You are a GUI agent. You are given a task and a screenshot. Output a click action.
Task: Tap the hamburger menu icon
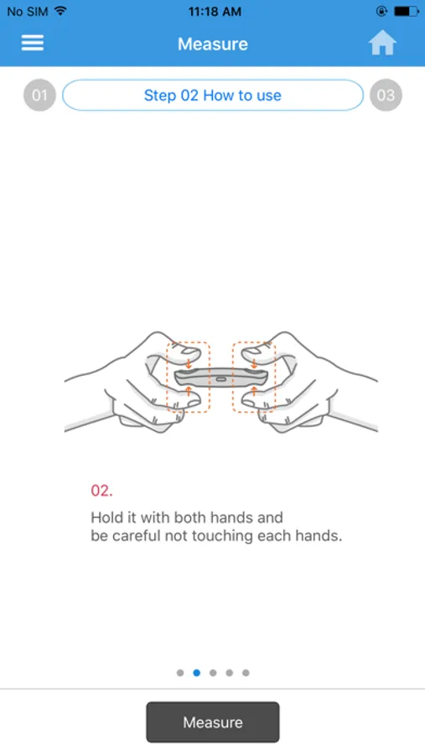pos(32,43)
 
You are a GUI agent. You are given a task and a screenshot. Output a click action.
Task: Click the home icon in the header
pos(382,43)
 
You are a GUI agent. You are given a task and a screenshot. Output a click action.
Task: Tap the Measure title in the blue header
pos(213,44)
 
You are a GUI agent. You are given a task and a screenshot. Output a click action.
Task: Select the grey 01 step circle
pos(39,95)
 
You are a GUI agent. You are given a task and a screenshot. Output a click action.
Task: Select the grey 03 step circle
pos(386,95)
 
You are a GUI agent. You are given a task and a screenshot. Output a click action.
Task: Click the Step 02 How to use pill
pos(213,96)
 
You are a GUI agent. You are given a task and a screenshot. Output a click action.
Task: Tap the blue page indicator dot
pos(196,673)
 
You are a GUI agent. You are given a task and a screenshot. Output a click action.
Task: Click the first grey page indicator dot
pos(180,673)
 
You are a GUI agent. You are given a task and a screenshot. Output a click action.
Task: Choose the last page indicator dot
pos(246,673)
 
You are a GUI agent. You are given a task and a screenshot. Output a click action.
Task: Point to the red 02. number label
pos(101,491)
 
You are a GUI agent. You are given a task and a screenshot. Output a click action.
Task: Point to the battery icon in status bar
pos(407,11)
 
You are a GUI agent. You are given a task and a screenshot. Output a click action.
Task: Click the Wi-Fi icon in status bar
pos(60,11)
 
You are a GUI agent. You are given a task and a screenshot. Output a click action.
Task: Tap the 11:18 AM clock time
pos(215,12)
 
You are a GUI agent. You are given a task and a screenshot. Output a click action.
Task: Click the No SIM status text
pos(29,12)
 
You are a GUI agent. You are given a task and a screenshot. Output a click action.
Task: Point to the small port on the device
pos(221,378)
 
